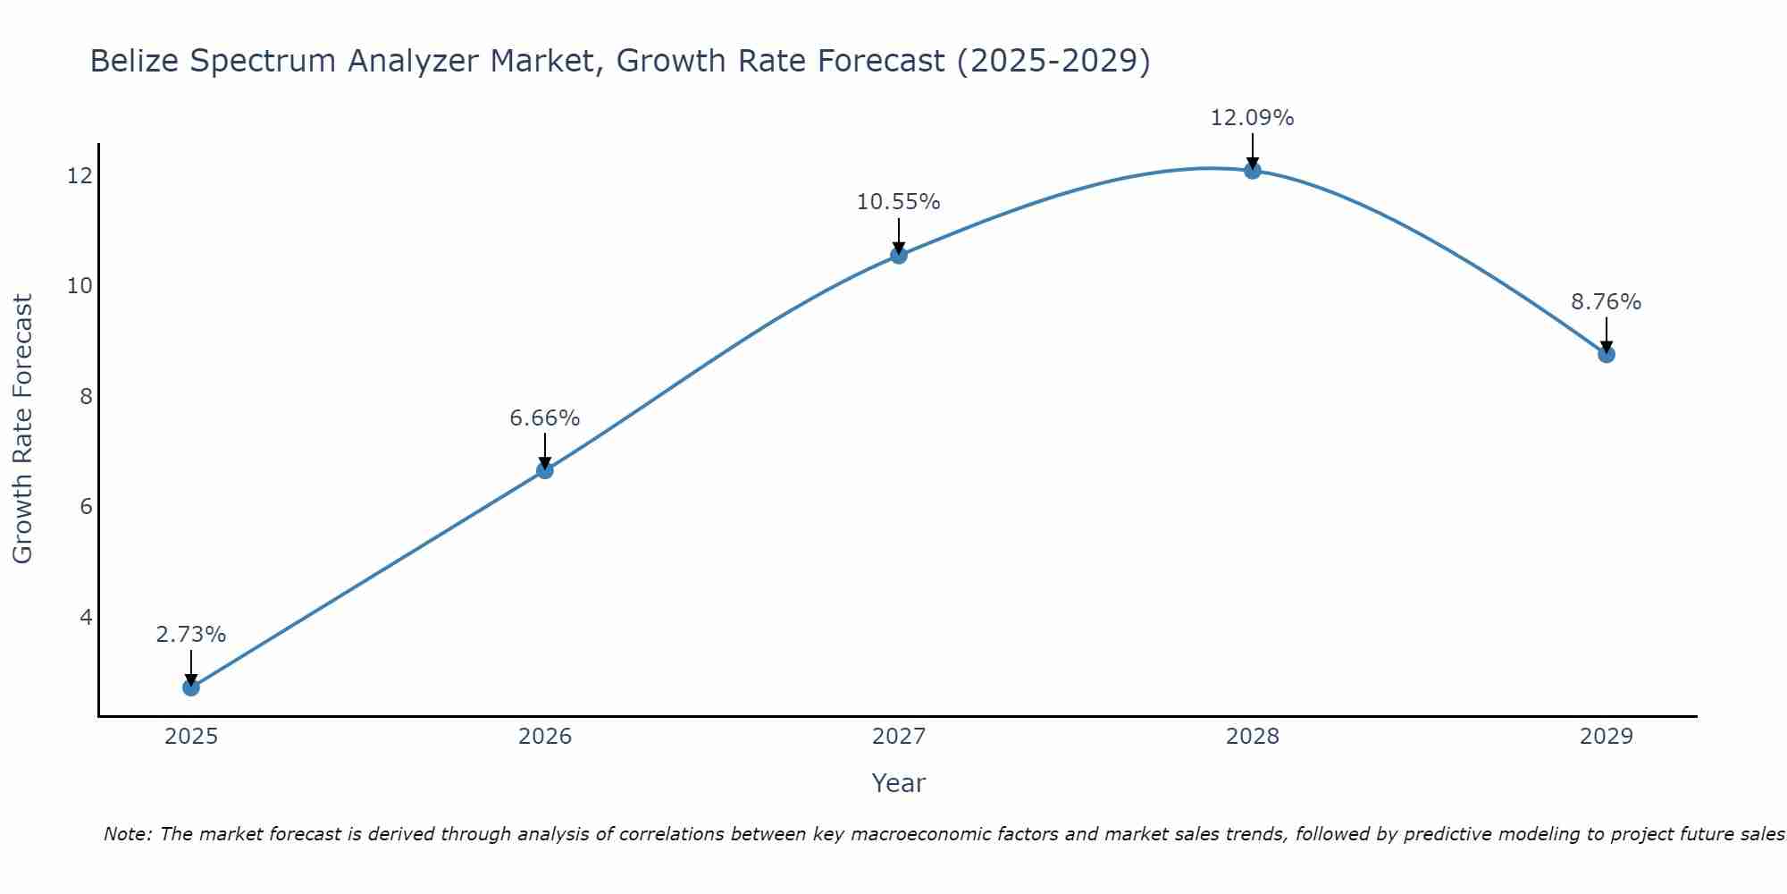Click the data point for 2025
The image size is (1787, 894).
coord(191,687)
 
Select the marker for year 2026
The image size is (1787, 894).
coord(545,470)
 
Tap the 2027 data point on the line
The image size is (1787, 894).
coord(899,255)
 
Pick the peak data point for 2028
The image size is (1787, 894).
coord(1253,170)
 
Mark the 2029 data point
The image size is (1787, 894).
coord(1607,354)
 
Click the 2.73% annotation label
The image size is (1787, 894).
coord(191,635)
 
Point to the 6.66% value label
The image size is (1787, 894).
coord(545,418)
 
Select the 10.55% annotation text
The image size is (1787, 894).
coord(899,202)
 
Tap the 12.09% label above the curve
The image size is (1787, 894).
coord(1253,118)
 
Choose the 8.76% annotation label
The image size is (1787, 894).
coord(1607,302)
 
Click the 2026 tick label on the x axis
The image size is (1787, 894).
coord(545,737)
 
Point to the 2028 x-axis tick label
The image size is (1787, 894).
coord(1253,737)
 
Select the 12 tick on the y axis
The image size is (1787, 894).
coord(80,175)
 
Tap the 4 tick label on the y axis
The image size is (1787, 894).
coord(86,617)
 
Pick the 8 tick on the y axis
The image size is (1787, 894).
coord(86,396)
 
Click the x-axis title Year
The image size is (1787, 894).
coord(899,783)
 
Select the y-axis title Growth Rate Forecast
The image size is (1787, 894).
coord(23,429)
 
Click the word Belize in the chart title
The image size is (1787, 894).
coord(134,61)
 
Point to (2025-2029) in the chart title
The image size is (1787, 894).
coord(1053,61)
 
